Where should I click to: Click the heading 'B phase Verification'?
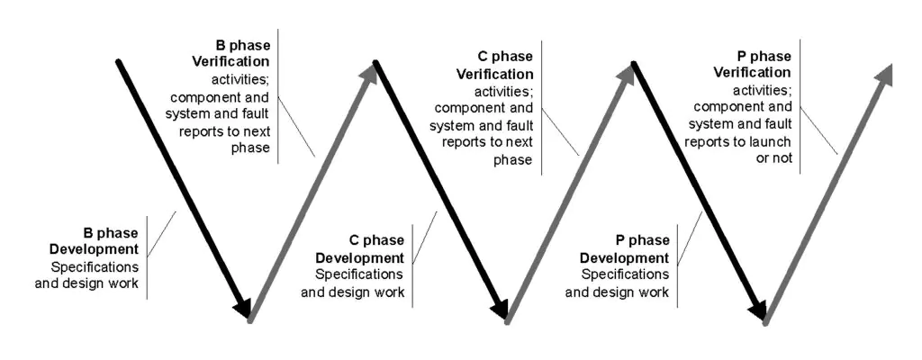point(231,53)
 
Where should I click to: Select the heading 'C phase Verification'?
point(495,66)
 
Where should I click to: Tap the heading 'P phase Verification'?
point(753,64)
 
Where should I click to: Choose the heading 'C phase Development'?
point(360,248)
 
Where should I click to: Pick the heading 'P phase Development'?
point(625,248)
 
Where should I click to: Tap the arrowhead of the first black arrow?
point(243,308)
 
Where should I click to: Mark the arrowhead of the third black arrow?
point(759,308)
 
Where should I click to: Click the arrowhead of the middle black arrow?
point(501,308)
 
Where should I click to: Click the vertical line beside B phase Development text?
point(147,257)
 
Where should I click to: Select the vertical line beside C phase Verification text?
point(541,108)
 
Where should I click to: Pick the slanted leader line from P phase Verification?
point(819,131)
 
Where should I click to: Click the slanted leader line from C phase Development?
point(425,237)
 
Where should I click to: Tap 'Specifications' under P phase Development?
point(625,274)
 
